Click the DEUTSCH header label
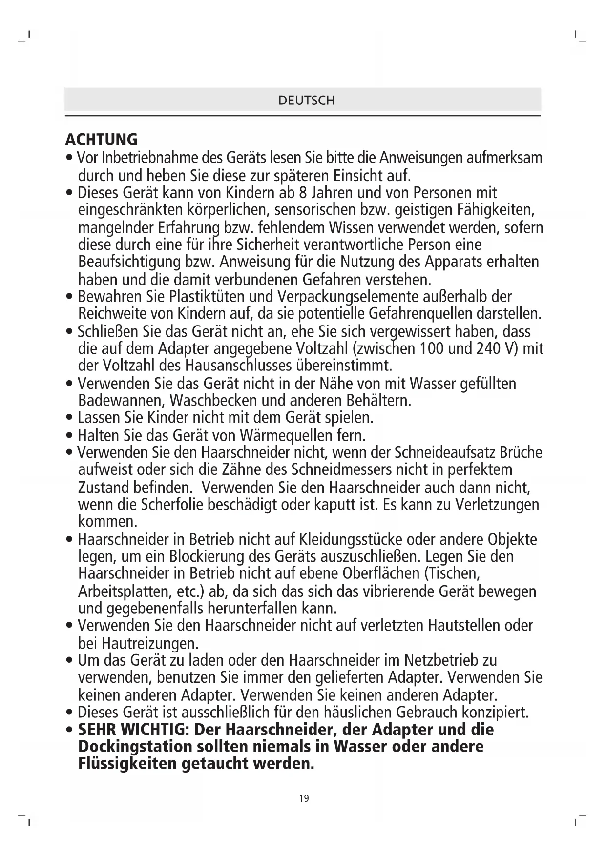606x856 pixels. tap(306, 101)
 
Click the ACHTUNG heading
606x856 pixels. tap(102, 140)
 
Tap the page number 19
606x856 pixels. tap(304, 798)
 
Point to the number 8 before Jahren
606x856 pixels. tap(302, 193)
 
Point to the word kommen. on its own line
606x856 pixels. tap(107, 522)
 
